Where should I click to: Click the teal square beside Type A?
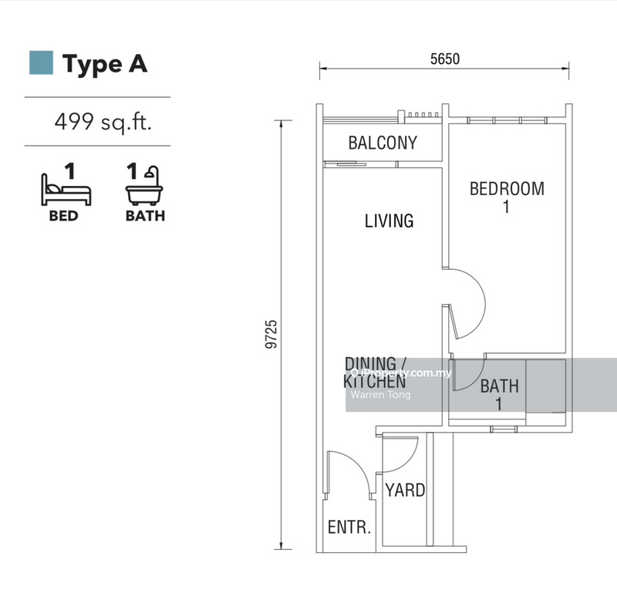(42, 62)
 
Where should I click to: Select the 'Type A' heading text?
(105, 64)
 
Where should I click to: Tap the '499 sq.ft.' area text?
(103, 122)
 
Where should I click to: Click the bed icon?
(66, 190)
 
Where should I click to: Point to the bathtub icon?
(144, 186)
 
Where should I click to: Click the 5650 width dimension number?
(445, 59)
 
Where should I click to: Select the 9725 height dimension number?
(271, 334)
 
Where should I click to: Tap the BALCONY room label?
(383, 143)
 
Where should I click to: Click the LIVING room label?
(389, 221)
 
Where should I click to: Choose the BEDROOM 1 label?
(507, 197)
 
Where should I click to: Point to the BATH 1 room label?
(499, 395)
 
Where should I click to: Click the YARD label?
(405, 491)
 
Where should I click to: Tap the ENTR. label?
(349, 527)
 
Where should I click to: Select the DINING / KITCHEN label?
(374, 373)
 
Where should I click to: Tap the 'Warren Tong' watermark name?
(380, 394)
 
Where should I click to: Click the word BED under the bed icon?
(63, 216)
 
